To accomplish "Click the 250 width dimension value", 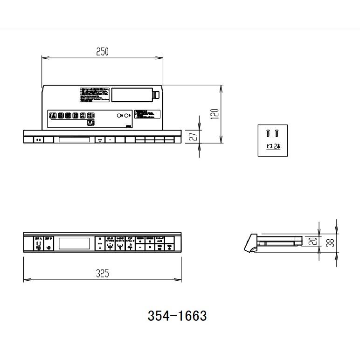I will (x=102, y=52).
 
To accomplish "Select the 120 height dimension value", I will (x=215, y=114).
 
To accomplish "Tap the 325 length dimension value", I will (x=102, y=274).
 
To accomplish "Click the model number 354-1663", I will (x=177, y=316).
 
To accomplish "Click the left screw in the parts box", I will (x=268, y=133).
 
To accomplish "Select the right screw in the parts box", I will (x=276, y=133).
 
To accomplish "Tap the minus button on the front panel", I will (x=140, y=247).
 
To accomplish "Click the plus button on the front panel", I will (x=150, y=247).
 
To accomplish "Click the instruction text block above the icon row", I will (x=94, y=94).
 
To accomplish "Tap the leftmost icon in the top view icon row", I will (x=53, y=115).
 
